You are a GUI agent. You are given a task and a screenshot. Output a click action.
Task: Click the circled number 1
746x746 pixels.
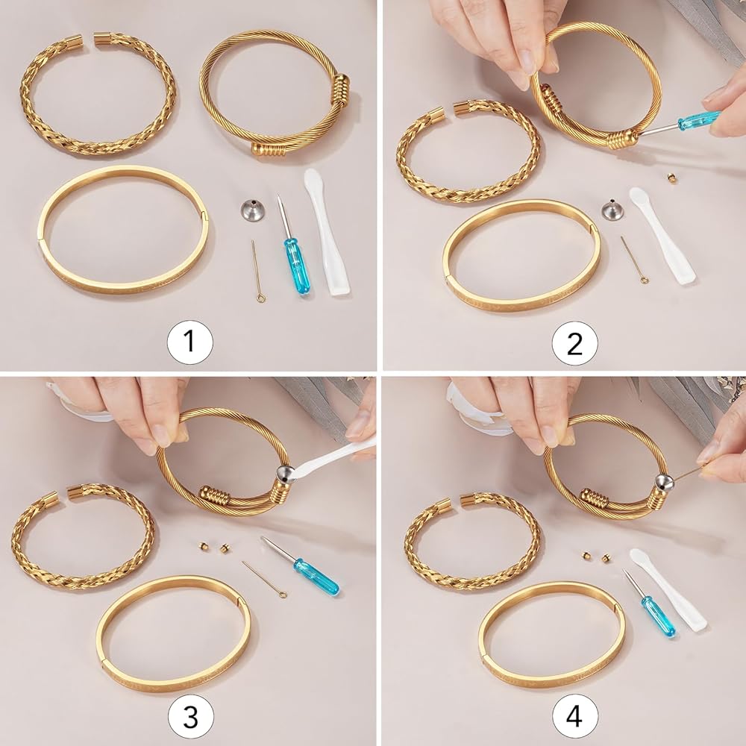[189, 342]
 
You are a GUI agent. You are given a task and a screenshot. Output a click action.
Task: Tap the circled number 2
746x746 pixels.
[574, 344]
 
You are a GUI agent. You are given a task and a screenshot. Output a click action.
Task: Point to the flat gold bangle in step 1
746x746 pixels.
[123, 231]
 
